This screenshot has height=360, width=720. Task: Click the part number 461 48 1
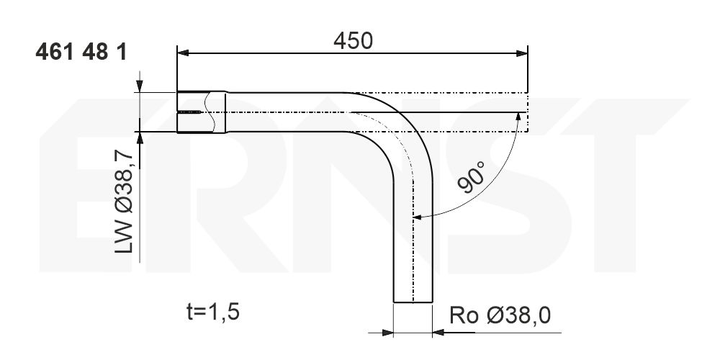pos(81,53)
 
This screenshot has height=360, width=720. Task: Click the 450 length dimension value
pos(353,41)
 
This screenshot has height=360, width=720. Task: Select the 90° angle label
pos(472,177)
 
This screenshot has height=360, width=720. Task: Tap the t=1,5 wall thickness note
pos(213,312)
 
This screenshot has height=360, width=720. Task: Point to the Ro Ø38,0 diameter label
pos(500,315)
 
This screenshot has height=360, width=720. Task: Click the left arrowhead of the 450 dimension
pos(183,53)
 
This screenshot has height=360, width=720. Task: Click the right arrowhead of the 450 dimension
pos(522,53)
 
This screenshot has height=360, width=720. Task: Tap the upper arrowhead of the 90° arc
pos(519,117)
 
